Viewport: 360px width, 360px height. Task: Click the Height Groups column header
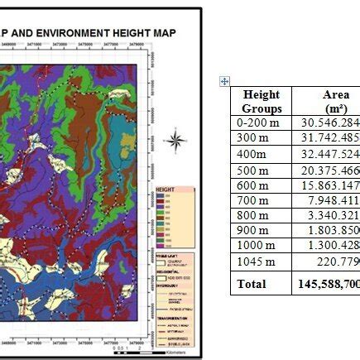tap(262, 101)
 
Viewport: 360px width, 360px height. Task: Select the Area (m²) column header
tap(336, 101)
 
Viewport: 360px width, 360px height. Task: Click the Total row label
tap(252, 283)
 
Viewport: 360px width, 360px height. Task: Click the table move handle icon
tap(224, 80)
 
